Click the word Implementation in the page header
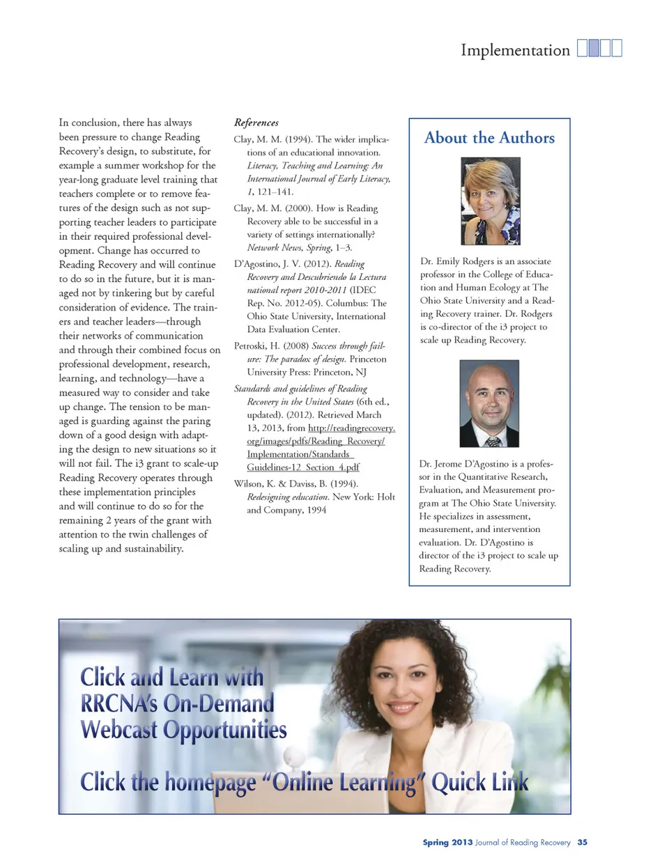coord(515,50)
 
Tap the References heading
coord(256,123)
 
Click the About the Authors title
coord(489,138)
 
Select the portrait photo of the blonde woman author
coord(490,201)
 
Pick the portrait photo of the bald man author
coord(489,403)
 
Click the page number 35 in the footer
coord(582,842)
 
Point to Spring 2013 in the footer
coord(447,842)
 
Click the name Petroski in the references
coord(252,346)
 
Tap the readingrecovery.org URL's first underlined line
coord(351,428)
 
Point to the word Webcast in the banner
coord(118,730)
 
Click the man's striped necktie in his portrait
coord(493,441)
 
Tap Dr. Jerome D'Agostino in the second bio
coord(461,464)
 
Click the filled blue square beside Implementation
coord(594,48)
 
